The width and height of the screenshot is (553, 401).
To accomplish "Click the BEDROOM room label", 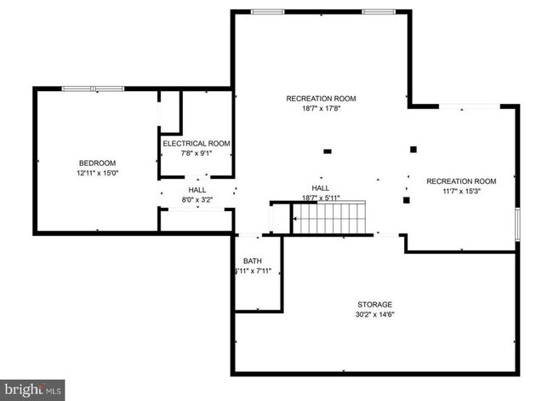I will tap(98, 163).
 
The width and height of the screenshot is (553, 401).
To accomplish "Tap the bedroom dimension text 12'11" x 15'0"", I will tap(98, 173).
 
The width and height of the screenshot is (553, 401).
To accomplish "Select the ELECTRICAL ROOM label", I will tap(197, 143).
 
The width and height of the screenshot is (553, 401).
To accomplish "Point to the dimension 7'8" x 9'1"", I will tap(197, 153).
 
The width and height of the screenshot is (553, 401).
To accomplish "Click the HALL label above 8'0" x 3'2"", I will tap(197, 190).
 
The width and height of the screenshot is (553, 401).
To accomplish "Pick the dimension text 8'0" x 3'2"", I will tap(197, 200).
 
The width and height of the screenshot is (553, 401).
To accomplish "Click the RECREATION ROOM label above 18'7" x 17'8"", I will tap(321, 99).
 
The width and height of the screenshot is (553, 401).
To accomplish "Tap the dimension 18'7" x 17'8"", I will tap(321, 109).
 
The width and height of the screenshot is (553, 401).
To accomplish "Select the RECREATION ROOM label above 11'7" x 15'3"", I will tap(461, 181).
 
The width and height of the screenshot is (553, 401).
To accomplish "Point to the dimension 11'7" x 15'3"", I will tap(461, 192).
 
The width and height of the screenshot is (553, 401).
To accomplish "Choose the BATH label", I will tap(252, 261).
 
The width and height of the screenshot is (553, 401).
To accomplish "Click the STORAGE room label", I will tap(374, 304).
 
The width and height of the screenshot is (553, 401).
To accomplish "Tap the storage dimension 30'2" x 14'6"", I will tap(374, 315).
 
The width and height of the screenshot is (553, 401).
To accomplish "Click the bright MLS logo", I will tap(33, 390).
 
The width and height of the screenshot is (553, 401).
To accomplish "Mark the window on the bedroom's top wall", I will tap(94, 88).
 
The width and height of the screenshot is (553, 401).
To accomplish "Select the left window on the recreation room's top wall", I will tap(267, 12).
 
